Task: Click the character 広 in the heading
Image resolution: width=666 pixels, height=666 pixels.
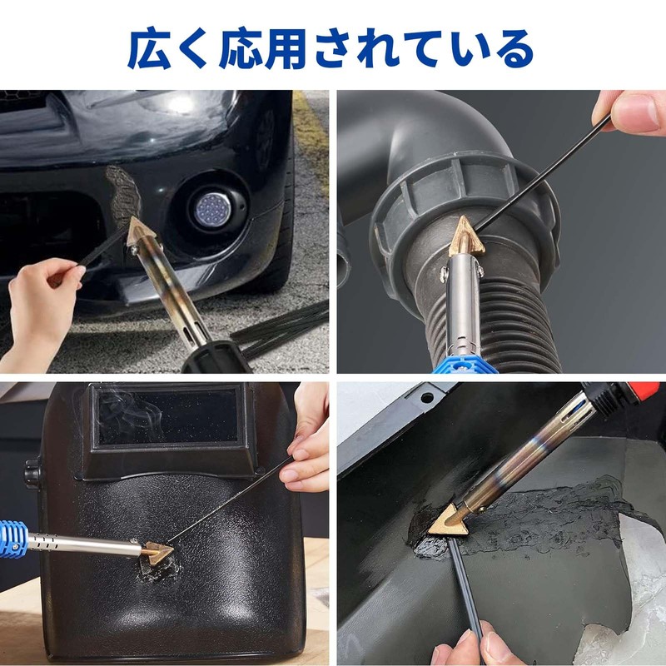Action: [x=150, y=48]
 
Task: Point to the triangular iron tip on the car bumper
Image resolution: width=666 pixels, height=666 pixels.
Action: [x=140, y=231]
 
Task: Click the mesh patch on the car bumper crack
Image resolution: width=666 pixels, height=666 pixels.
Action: [x=123, y=195]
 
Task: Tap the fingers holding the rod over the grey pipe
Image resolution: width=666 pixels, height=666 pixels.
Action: [x=631, y=112]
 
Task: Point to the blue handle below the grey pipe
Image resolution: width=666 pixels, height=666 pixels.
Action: [x=465, y=365]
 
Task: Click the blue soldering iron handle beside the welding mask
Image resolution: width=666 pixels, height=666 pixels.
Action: [x=12, y=539]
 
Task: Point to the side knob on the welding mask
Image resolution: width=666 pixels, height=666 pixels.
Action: [x=32, y=473]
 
